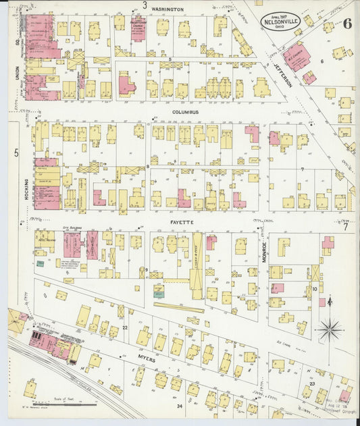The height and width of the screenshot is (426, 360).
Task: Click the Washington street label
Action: pos(168,9)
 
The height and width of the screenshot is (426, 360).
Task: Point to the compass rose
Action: pos(330,331)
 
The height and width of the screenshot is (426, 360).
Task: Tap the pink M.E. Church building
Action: pos(296,57)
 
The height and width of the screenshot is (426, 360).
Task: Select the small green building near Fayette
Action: pos(158,291)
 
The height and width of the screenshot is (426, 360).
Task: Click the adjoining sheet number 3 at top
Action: pos(145,5)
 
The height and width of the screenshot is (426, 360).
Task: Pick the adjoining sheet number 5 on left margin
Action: pos(16,153)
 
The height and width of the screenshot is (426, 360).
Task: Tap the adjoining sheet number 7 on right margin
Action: pos(344,227)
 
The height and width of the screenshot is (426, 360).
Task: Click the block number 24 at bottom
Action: pos(180,406)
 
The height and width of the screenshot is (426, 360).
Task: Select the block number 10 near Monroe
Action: pos(314,289)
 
